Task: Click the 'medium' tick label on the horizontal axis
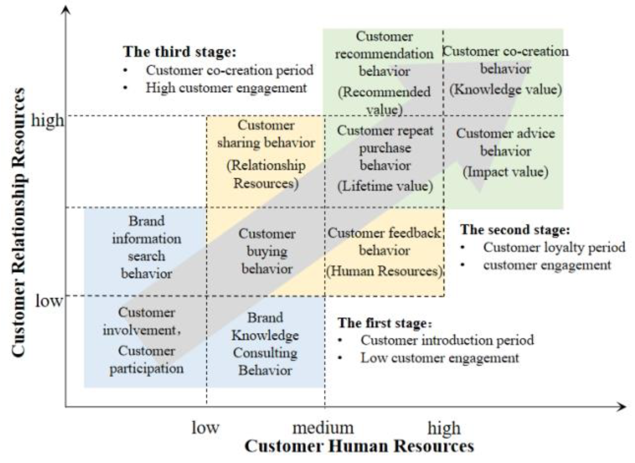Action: (323, 428)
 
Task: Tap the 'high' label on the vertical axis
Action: (47, 121)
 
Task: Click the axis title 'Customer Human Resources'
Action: (359, 446)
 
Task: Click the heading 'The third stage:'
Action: (180, 52)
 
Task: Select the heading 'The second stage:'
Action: (515, 229)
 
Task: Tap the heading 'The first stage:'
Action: (385, 323)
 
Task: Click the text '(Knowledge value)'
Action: (506, 90)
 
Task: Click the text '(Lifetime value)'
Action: (385, 186)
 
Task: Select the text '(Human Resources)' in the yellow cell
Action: (385, 271)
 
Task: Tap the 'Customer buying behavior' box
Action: (267, 251)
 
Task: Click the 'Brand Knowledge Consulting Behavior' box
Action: (265, 344)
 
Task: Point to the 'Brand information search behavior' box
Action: (146, 247)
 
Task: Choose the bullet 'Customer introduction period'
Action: (447, 341)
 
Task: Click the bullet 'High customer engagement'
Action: (226, 88)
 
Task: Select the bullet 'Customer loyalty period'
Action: (554, 247)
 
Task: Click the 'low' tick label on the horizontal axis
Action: (205, 428)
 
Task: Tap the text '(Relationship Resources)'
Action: (266, 174)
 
